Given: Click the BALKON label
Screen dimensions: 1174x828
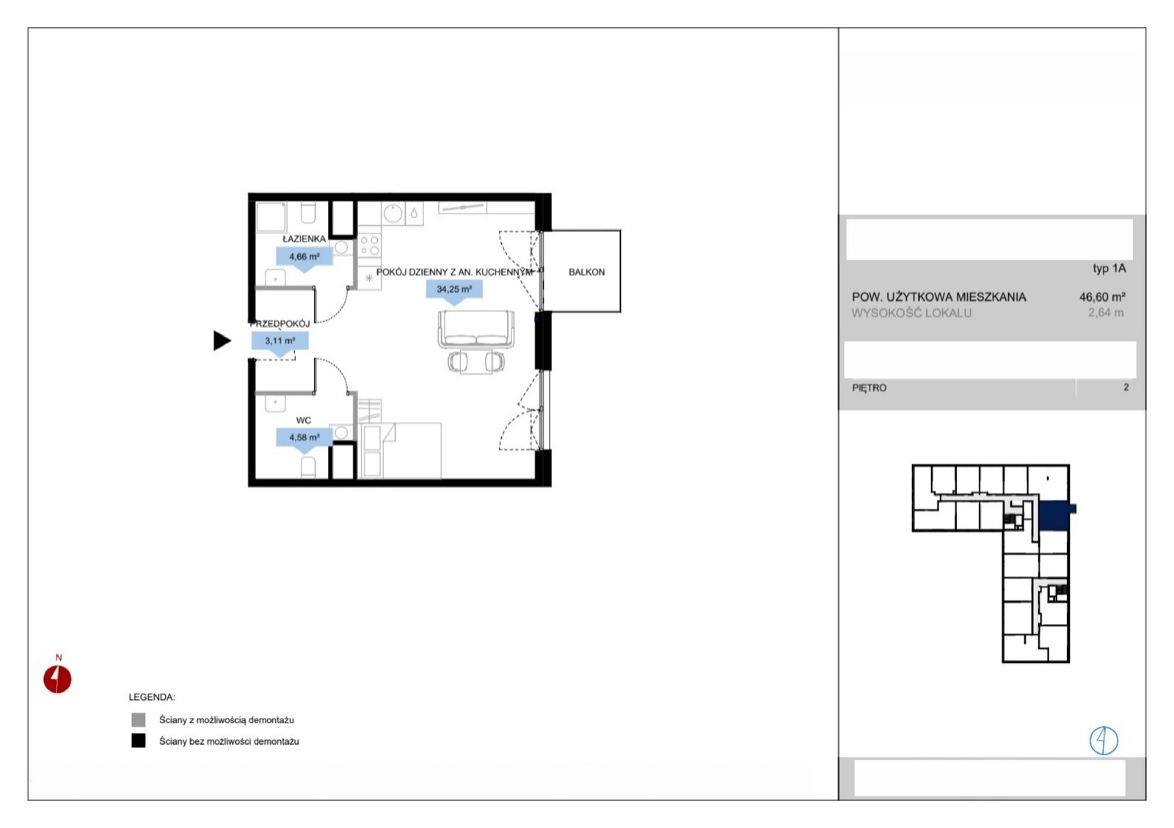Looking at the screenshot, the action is (586, 272).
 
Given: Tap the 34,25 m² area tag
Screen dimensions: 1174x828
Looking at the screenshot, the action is (454, 292).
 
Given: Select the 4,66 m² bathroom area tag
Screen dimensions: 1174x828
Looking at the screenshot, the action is (305, 259).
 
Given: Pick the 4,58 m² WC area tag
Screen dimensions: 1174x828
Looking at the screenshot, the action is (305, 440).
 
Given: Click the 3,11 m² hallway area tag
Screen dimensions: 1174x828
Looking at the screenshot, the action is (280, 344).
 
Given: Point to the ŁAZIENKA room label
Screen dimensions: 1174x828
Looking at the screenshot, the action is (304, 239).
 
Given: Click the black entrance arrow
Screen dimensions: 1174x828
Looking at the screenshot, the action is (222, 341).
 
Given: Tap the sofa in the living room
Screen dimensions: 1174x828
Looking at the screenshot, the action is (476, 329).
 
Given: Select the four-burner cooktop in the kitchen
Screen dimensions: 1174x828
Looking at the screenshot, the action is (370, 246).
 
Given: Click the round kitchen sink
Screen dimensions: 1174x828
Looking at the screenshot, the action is (393, 214).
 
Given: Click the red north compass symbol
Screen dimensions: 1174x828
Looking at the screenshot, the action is (57, 679).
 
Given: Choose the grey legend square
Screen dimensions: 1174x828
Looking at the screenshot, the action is (139, 719).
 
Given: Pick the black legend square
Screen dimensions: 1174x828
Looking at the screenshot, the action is (139, 741).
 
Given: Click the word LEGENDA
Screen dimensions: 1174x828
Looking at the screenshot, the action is (152, 697).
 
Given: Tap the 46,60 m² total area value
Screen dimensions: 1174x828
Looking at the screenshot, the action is (1102, 297).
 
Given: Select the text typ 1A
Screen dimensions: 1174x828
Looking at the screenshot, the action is (1109, 269).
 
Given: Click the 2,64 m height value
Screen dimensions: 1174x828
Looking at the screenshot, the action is (1106, 313).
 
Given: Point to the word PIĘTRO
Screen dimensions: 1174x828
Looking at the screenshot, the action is (869, 388).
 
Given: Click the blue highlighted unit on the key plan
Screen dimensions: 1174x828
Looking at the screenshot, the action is (1055, 516).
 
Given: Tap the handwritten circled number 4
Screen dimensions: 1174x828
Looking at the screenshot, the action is (1104, 741).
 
